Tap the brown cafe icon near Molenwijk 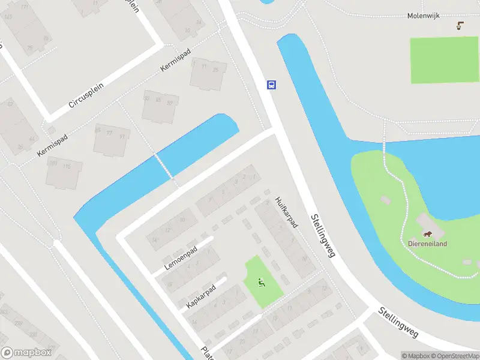coord(460,26)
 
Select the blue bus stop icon coord(271,85)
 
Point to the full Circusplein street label coord(86,95)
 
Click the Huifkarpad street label coord(287,212)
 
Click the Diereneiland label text coord(427,244)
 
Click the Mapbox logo coord(25,353)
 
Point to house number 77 coord(109,133)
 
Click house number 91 coord(122,136)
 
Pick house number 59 coord(170,103)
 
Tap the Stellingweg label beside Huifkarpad coord(322,236)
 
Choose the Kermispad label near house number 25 coord(174,60)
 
